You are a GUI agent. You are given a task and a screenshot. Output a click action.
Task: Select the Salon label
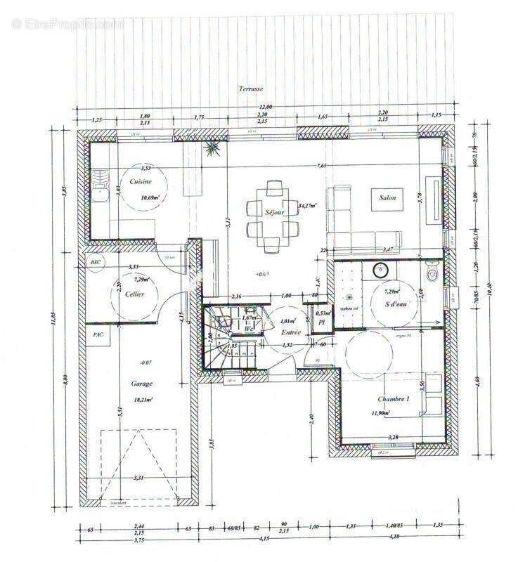pos(387,198)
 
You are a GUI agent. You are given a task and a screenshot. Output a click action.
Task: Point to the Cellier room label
pos(135,294)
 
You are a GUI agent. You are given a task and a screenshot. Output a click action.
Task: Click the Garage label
pos(141,384)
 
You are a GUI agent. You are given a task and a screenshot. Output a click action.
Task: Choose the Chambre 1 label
pos(393,399)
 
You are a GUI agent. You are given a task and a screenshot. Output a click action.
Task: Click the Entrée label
pos(291,332)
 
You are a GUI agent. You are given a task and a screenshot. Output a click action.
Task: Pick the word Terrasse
pos(250,89)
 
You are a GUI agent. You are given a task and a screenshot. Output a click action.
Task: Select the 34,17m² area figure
pos(307,206)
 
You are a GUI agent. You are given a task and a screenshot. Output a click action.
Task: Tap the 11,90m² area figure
pos(393,414)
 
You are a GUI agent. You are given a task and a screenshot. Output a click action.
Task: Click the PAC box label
pos(97,335)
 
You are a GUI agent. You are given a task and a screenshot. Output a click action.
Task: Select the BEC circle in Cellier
pos(96,261)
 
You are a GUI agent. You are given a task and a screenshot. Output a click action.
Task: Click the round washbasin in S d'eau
pos(380,269)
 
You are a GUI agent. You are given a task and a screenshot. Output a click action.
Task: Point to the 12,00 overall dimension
pos(262,107)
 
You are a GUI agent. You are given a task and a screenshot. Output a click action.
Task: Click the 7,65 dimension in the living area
pos(321,166)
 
